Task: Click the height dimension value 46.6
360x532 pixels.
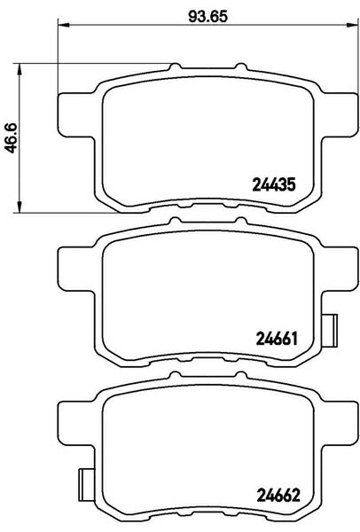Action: point(12,138)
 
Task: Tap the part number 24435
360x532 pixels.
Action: point(274,185)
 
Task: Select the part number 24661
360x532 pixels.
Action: point(277,339)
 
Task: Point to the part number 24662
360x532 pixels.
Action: point(278,496)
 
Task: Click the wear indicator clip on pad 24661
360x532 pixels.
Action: point(330,330)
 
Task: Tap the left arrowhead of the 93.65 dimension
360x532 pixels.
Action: point(64,25)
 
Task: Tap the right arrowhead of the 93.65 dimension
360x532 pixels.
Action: point(352,25)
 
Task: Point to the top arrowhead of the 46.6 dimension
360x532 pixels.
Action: point(20,69)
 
